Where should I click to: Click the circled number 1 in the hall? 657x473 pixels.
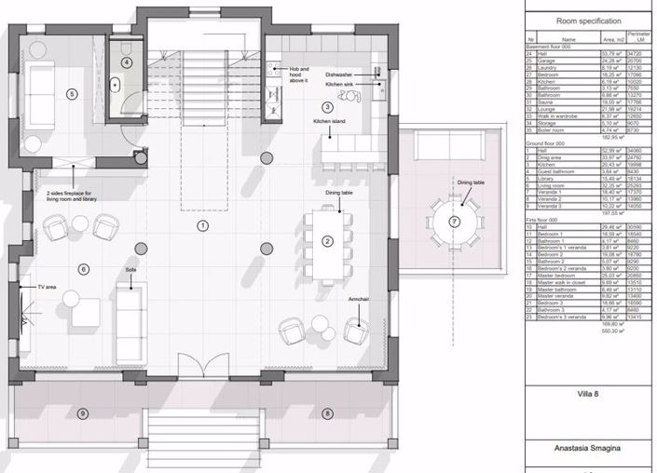[x=203, y=224]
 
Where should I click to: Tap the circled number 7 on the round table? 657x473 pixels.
[x=454, y=221]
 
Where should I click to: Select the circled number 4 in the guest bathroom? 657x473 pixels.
[x=127, y=62]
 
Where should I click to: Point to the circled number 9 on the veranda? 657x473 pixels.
[x=83, y=413]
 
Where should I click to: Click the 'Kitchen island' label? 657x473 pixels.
[x=329, y=122]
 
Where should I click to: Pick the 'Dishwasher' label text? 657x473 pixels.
[x=338, y=74]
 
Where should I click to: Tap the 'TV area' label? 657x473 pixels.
[x=47, y=288]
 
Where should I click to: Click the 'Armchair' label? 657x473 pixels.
[x=360, y=299]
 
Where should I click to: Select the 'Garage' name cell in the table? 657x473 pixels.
[x=544, y=61]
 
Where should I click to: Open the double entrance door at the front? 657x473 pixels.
[x=203, y=365]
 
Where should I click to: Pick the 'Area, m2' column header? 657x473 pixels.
[x=611, y=40]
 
